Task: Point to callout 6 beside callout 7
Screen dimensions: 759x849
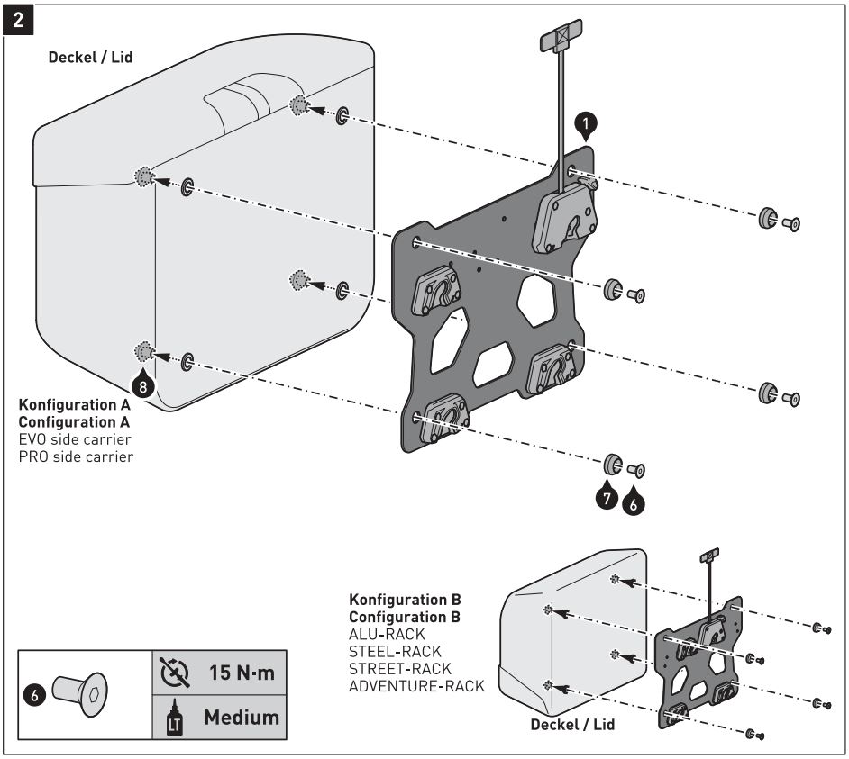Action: pos(633,504)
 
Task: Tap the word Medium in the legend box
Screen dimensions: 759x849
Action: pos(241,718)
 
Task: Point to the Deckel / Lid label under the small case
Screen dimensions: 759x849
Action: pos(572,724)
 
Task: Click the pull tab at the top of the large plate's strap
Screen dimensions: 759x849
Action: pos(560,39)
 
